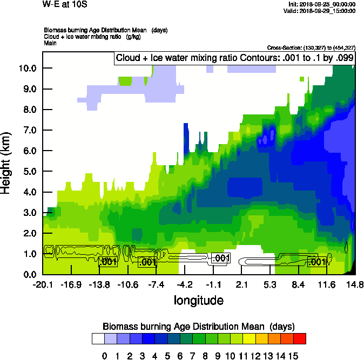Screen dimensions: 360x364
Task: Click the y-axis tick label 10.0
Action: [26, 69]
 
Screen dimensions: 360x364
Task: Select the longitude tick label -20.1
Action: [42, 284]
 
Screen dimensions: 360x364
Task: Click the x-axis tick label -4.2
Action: [185, 284]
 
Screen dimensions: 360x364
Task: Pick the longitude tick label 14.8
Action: [355, 284]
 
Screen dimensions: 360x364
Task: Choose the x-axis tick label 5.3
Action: [270, 284]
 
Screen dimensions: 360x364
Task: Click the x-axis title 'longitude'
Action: [198, 300]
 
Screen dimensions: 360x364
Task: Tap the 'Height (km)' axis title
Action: [6, 164]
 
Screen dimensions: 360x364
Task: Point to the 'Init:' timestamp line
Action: [322, 4]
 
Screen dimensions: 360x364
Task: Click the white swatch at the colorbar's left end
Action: [98, 339]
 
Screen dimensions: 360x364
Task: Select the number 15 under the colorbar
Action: [292, 355]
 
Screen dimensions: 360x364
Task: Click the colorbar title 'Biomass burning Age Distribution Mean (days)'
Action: [198, 327]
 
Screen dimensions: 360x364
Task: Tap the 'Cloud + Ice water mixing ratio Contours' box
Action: [233, 58]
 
